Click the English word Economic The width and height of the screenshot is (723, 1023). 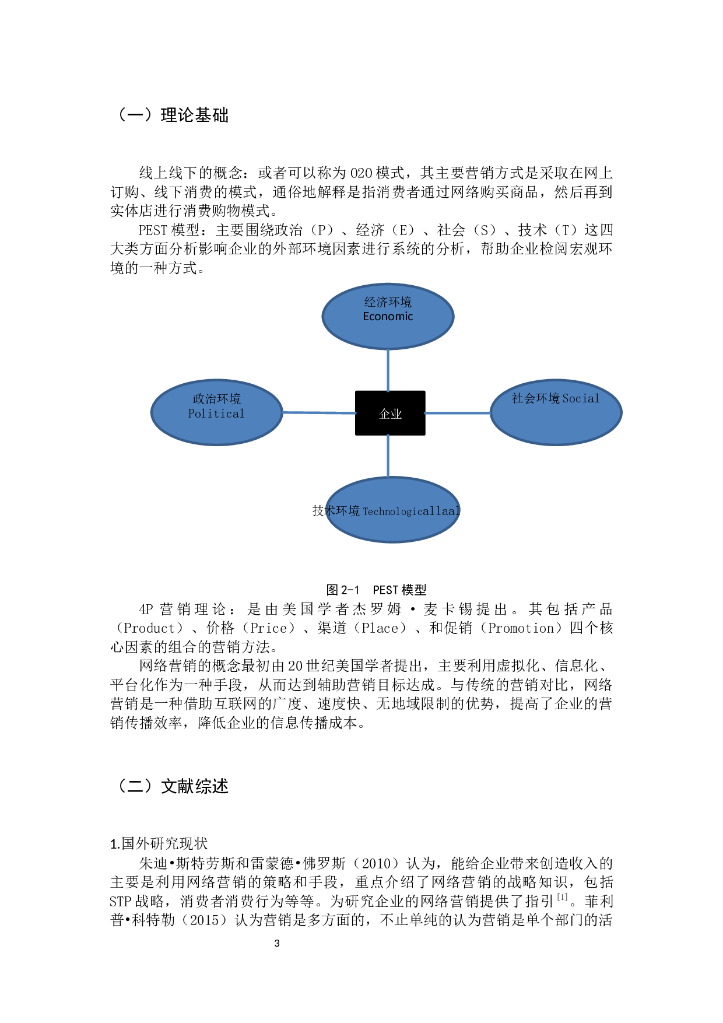coord(388,317)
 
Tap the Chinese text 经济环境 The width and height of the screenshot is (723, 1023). coord(388,302)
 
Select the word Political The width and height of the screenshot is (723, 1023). coord(216,414)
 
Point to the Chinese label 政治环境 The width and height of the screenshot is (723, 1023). coord(216,399)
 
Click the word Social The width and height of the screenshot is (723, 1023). coord(581,398)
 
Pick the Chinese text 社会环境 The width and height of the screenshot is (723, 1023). coord(535,398)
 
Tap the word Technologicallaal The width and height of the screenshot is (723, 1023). coord(412,512)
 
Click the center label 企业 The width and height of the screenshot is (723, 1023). coord(390,414)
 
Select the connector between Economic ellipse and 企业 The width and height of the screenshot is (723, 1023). coord(388,370)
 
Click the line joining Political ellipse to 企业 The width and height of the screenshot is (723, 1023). coord(319,413)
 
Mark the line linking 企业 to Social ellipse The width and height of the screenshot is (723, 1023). coord(457,413)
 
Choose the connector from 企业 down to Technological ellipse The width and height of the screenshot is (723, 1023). coord(388,456)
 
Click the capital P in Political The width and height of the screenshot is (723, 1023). coord(191,414)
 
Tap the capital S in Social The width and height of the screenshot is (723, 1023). coord(566,398)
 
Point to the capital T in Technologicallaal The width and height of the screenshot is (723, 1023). coord(366,512)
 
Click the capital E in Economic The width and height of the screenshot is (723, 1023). coord(366,317)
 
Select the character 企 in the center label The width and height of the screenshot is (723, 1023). coord(384,414)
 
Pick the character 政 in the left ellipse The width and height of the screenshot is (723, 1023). coord(198,399)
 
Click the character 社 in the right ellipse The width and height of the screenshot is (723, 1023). coord(517,398)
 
